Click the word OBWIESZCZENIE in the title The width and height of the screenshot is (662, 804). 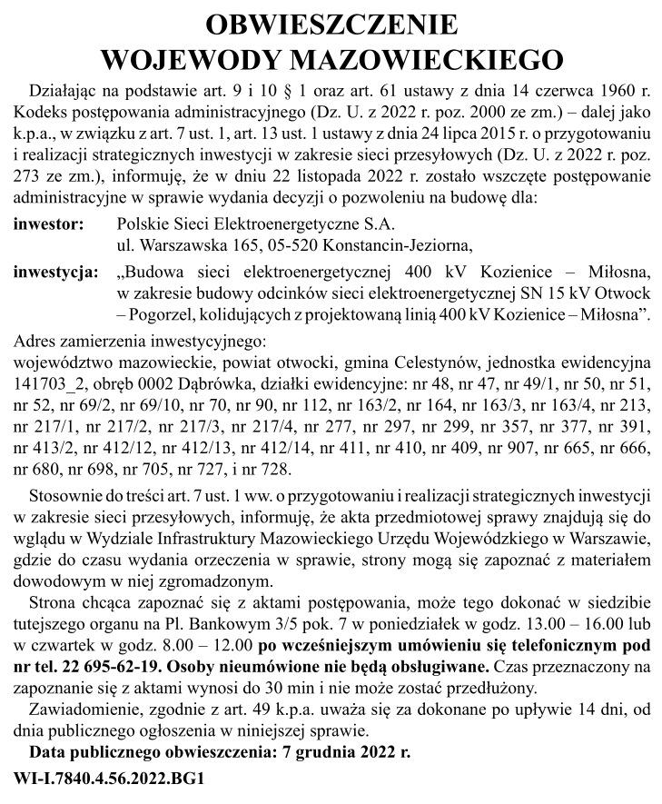330,25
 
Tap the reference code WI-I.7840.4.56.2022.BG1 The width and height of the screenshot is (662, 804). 109,779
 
